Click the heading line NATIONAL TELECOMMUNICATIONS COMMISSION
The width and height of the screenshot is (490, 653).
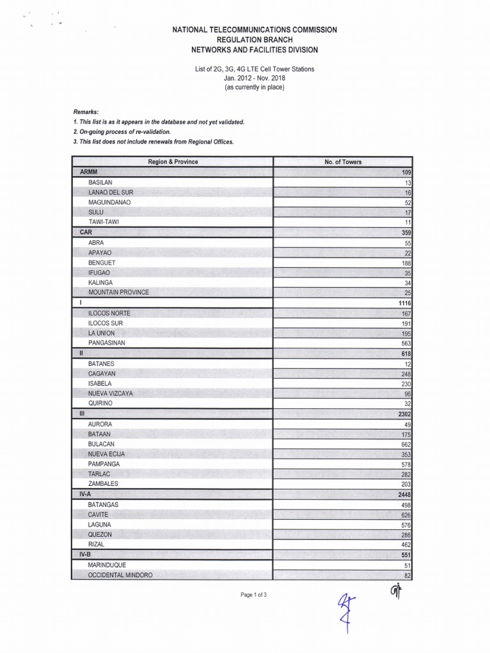coord(255,30)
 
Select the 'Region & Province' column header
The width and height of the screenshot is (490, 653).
coord(173,162)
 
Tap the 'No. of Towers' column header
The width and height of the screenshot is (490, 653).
coord(343,162)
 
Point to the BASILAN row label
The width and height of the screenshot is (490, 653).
coord(101,182)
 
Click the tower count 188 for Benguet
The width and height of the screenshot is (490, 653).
coord(405,263)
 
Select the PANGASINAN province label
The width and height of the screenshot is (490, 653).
coord(107,342)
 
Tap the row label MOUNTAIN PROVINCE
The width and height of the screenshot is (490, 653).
coord(119,292)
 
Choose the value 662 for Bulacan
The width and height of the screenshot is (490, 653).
coord(406,444)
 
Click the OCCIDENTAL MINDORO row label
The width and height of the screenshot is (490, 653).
coord(120,575)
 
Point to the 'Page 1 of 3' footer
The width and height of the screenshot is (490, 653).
coord(253,594)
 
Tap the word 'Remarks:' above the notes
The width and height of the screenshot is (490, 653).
coord(86,111)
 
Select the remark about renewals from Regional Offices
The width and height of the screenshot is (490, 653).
coord(153,142)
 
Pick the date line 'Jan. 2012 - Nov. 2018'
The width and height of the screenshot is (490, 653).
coord(254,78)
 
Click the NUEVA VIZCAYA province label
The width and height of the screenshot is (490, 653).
coord(110,393)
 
